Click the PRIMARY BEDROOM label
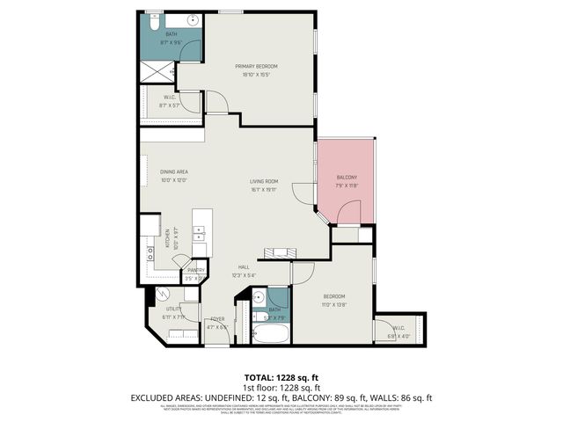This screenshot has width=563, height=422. pyautogui.click(x=256, y=67)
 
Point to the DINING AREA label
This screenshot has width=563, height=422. pyautogui.click(x=173, y=171)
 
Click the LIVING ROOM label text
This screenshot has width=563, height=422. pyautogui.click(x=264, y=181)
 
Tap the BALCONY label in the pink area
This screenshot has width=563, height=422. pyautogui.click(x=346, y=178)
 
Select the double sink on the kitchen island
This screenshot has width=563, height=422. pyautogui.click(x=200, y=233)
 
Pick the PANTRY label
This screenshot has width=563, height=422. pyautogui.click(x=195, y=271)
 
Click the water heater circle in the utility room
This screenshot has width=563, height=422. pyautogui.click(x=162, y=296)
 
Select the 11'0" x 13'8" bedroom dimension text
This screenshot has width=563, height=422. pyautogui.click(x=333, y=303)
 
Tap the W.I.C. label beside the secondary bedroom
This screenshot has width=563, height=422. pyautogui.click(x=398, y=329)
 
